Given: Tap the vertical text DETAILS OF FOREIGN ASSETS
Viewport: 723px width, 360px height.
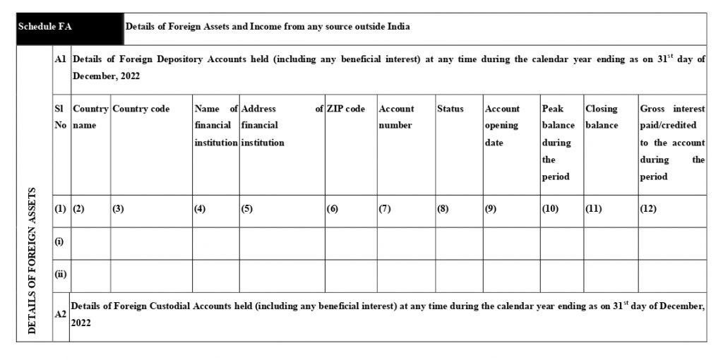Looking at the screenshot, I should [33, 261].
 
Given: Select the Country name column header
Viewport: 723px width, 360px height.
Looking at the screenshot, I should [90, 116].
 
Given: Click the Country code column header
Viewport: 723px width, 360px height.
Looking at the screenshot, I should [141, 109].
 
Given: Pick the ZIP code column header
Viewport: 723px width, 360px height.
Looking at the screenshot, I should [346, 109].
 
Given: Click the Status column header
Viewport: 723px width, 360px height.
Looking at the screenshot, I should [450, 109].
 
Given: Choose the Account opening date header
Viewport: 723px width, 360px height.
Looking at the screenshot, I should [503, 126].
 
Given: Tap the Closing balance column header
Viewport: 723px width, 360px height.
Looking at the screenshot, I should [602, 116].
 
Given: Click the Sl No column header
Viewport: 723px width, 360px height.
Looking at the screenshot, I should [60, 116].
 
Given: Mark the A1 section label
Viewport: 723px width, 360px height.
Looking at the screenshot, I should [60, 60].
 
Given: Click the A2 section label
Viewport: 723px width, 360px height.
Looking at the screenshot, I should [61, 316].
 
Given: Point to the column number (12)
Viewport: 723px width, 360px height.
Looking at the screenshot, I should [649, 209].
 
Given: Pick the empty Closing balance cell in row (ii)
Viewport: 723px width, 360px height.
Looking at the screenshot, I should [609, 275].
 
